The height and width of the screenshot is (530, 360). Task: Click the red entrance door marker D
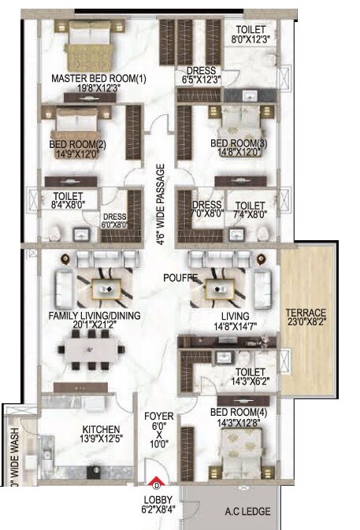(x=156, y=484)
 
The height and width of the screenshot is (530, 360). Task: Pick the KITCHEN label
(x=100, y=430)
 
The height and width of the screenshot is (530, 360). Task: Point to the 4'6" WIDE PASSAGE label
(x=160, y=206)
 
